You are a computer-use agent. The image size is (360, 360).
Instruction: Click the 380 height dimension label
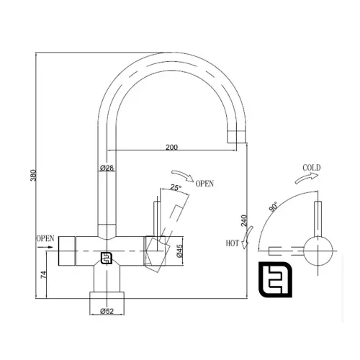click(x=33, y=176)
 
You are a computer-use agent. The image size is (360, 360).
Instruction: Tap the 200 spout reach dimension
click(x=172, y=147)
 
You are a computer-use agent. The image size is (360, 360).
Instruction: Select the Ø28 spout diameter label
click(x=107, y=168)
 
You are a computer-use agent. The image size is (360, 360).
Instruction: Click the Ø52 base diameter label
click(x=107, y=311)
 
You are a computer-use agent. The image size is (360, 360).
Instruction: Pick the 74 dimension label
click(x=43, y=274)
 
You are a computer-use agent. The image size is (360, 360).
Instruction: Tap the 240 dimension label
click(x=244, y=220)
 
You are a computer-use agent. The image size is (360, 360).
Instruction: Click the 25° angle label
click(x=176, y=187)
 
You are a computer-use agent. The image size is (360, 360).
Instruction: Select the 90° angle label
click(x=274, y=207)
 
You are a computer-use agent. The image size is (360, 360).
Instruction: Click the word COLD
click(x=312, y=168)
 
